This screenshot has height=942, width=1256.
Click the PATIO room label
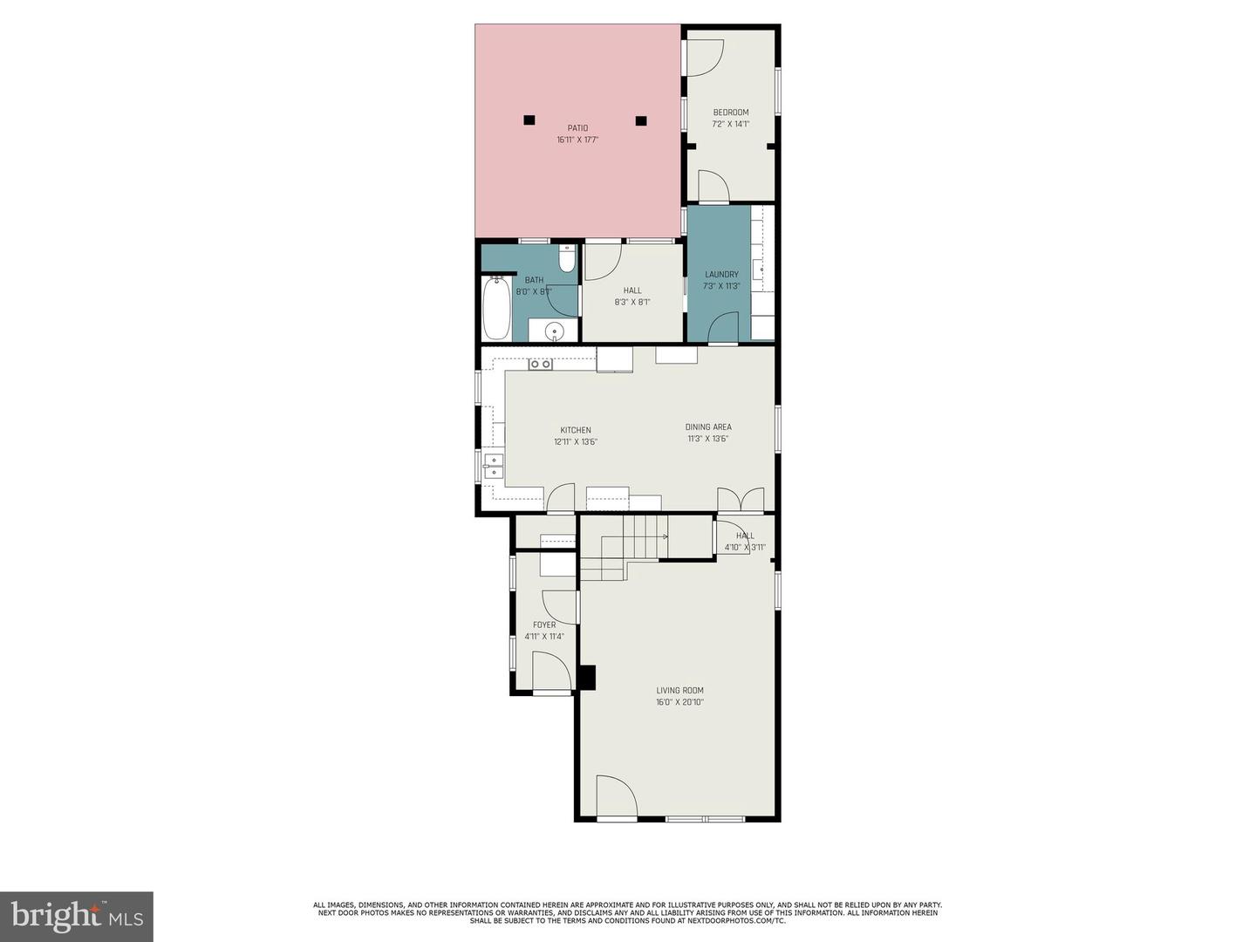577,128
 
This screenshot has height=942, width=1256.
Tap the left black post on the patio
529,120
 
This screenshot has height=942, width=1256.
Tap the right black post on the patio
641,120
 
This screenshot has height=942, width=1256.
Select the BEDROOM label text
731,113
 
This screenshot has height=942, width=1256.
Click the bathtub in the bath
497,308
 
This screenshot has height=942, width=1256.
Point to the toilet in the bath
566,259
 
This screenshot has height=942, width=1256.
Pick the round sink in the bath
554,331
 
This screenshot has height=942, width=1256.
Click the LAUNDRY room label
721,275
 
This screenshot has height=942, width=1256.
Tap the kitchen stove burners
540,364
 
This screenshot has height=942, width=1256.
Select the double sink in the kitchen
494,465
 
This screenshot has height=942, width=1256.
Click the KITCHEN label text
576,430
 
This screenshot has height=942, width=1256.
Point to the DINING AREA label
708,427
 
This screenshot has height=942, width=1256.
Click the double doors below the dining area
740,500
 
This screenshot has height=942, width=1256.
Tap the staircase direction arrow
664,536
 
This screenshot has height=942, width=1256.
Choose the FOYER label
544,625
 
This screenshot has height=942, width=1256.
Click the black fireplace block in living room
588,678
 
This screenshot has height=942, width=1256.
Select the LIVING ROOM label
680,691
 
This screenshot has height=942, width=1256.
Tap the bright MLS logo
77,916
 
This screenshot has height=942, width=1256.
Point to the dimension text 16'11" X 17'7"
577,140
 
